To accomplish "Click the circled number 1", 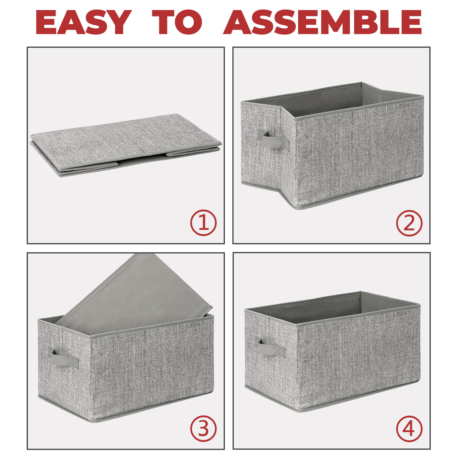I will coord(203,223).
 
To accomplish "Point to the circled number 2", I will coord(409,223).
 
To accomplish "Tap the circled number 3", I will coord(203,428).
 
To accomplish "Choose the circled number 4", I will coord(409,428).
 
